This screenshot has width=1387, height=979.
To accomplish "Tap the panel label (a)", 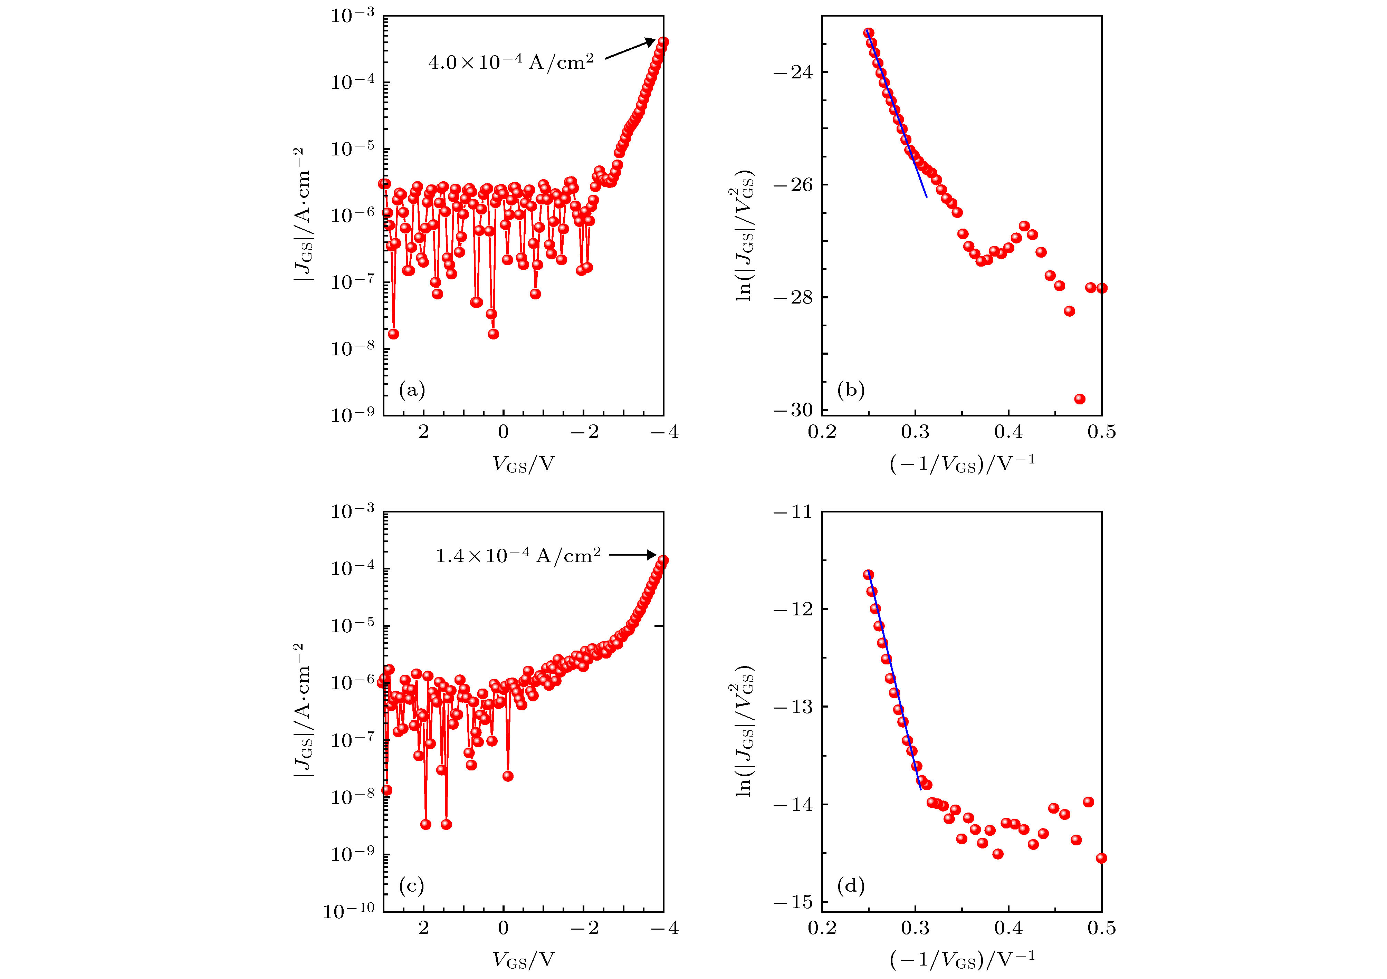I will tap(412, 390).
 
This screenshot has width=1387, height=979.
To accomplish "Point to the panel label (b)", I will tap(851, 390).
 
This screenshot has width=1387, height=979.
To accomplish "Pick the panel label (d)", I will tap(851, 886).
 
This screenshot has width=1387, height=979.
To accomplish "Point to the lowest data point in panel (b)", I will tap(1080, 399).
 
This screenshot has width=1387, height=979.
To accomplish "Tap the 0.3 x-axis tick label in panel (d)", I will tap(915, 928).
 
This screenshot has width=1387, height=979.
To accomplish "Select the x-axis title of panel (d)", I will tap(962, 959).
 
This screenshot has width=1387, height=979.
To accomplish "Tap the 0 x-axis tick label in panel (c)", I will tap(503, 928).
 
